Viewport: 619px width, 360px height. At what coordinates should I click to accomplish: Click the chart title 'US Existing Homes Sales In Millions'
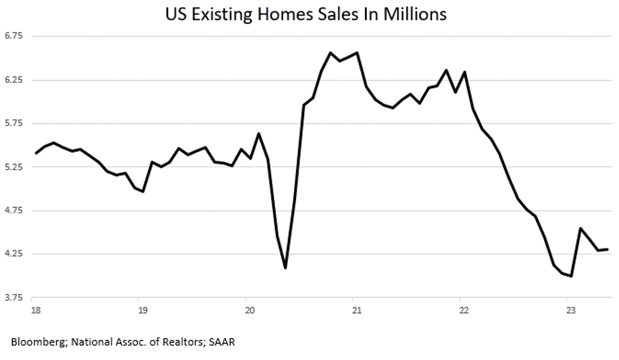click(x=306, y=14)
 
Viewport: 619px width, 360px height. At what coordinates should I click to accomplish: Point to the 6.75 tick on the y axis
click(x=14, y=36)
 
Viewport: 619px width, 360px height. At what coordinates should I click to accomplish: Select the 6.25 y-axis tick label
click(x=14, y=80)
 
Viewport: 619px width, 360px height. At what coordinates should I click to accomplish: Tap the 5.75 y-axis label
click(x=14, y=124)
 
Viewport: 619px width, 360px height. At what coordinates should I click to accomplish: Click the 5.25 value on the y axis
click(x=14, y=167)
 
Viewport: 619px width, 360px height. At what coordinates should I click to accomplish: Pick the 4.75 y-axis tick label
click(x=14, y=210)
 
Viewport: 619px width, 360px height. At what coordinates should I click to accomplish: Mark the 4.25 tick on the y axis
click(x=14, y=254)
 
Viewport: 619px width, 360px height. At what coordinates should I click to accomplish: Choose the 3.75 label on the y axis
click(x=14, y=297)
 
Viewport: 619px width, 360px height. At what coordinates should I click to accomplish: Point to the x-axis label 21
click(x=357, y=310)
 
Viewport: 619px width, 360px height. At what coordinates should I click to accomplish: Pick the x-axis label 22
click(x=464, y=310)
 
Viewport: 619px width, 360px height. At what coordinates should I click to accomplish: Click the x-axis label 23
click(x=571, y=310)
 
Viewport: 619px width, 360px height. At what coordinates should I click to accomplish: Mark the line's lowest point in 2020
click(x=286, y=268)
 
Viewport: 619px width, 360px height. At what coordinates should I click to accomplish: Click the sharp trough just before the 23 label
click(x=571, y=276)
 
